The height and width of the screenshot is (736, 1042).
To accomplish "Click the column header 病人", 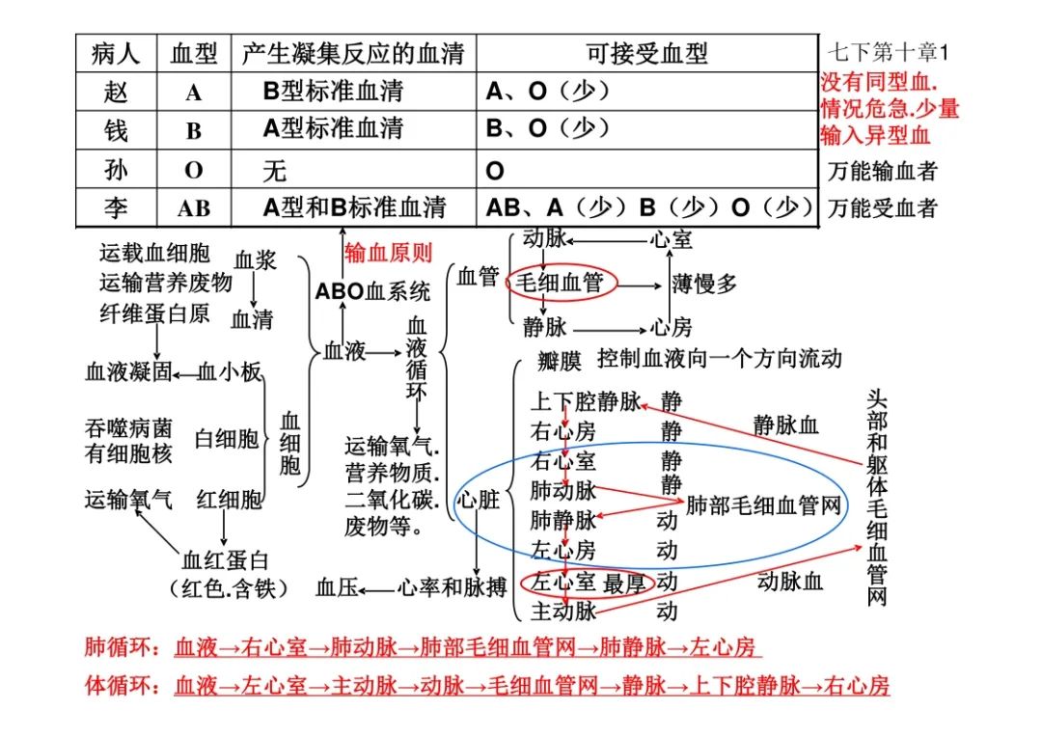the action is click(116, 53).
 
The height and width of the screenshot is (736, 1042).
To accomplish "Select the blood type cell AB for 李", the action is click(193, 208).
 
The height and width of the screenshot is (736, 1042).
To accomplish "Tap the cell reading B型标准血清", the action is click(333, 92).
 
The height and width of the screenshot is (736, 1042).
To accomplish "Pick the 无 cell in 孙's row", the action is click(274, 171).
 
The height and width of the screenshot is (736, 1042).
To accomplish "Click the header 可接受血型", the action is click(646, 53).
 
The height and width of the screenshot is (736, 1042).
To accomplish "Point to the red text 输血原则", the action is click(388, 253).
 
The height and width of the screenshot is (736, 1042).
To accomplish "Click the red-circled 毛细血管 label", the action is click(560, 283).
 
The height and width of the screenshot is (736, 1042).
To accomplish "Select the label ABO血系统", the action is click(372, 291).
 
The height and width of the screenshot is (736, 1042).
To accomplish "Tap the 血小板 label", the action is click(230, 372).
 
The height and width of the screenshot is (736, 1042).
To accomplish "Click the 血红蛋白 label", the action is click(225, 560).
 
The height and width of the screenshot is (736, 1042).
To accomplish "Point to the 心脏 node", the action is click(478, 500).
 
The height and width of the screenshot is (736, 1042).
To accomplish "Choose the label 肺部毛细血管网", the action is click(763, 505).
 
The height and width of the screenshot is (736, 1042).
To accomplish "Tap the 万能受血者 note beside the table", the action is click(882, 208).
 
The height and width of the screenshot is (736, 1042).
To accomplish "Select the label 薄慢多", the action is click(703, 284).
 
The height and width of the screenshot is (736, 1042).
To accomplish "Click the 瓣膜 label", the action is click(560, 362).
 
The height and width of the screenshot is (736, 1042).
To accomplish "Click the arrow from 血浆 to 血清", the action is click(253, 290).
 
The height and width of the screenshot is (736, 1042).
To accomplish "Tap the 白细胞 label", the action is click(226, 439).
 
